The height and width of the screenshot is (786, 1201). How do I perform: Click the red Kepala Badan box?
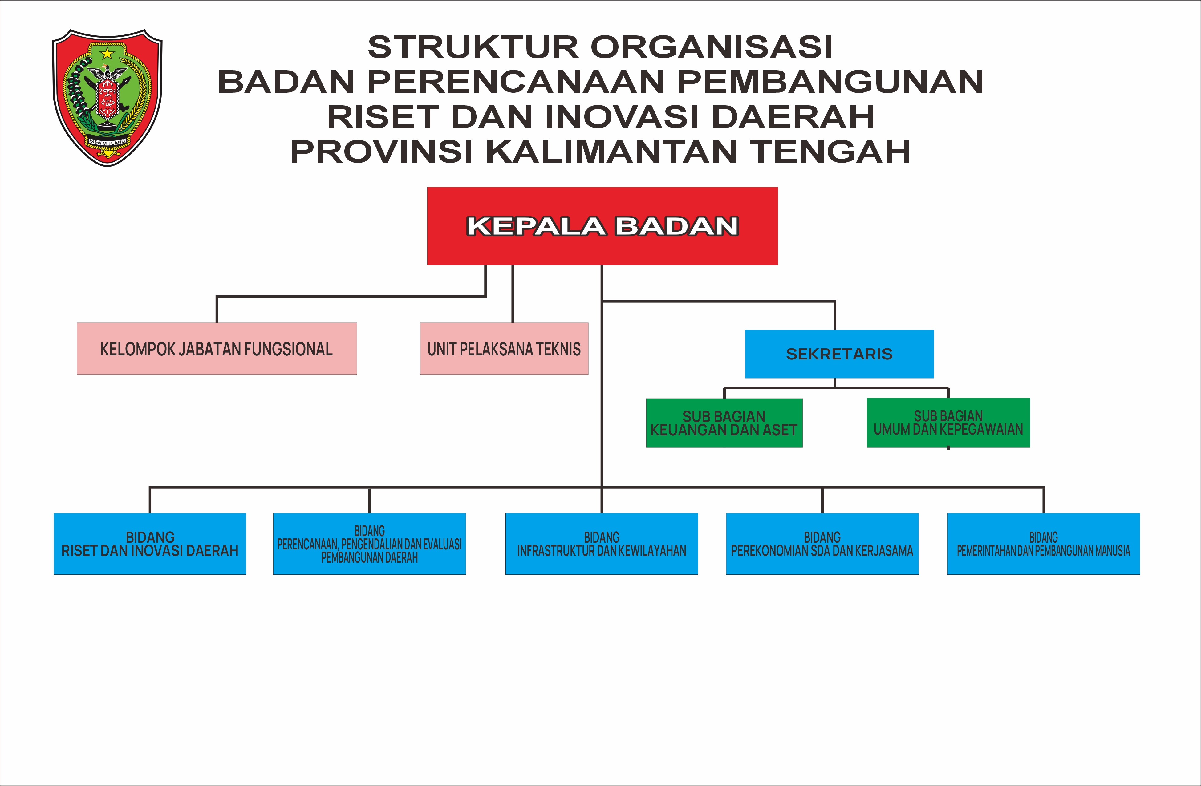point(603,226)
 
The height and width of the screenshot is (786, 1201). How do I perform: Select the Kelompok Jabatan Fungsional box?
point(217,349)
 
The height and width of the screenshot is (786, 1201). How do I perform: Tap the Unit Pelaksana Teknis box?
point(504,349)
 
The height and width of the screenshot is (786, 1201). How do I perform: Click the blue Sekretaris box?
point(839,354)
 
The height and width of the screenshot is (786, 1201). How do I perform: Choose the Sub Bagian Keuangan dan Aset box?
point(724,423)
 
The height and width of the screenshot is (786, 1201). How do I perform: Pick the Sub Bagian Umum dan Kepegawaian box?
point(948,422)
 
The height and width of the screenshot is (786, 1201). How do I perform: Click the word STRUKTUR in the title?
point(473,47)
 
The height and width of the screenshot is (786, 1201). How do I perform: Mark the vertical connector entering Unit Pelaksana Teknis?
point(513,294)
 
